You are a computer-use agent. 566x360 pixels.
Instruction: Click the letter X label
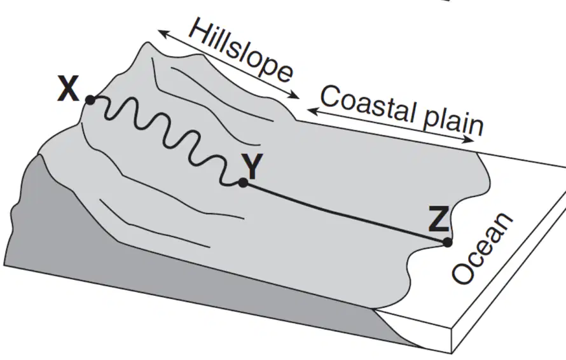pos(68,90)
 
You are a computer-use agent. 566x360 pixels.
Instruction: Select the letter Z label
pos(439,218)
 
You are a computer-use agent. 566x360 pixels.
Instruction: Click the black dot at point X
pos(90,100)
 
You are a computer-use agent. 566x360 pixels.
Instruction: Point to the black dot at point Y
pos(244,183)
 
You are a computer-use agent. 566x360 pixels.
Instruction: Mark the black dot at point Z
pos(447,242)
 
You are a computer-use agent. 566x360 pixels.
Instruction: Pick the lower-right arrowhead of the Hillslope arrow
pos(295,95)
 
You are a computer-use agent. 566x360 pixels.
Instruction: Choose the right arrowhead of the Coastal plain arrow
pos(469,140)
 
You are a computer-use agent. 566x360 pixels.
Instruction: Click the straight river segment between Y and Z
pos(345,212)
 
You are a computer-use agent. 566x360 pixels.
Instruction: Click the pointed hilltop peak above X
pos(148,43)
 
